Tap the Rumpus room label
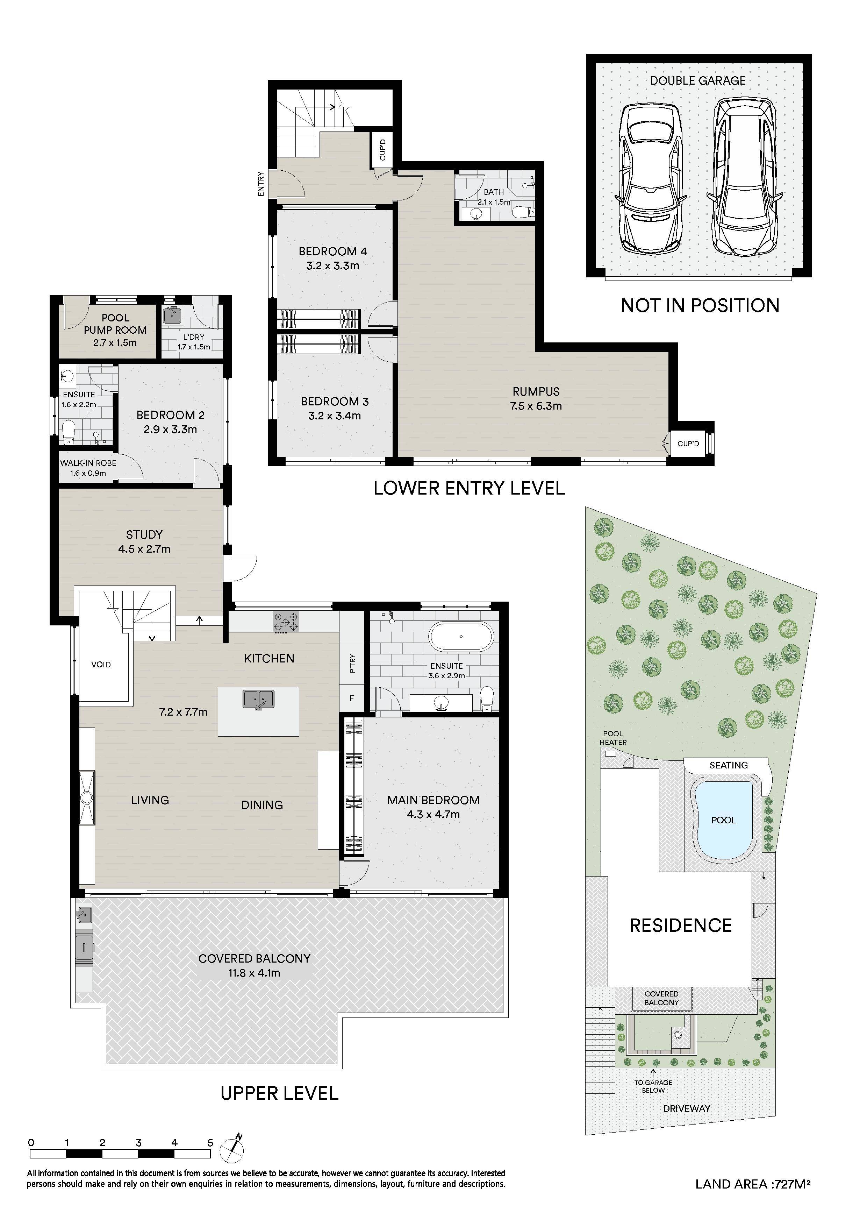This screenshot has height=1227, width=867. pos(536,392)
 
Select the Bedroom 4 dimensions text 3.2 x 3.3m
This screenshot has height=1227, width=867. pos(333,265)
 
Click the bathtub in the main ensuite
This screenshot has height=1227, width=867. pos(461,637)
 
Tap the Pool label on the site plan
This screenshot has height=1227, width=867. pos(723,820)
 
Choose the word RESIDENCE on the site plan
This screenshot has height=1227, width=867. pos(681,925)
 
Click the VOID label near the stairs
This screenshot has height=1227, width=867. pos(101,665)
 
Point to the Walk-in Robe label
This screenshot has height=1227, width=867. pos(88,463)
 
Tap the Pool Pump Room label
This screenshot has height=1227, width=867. pos(115,324)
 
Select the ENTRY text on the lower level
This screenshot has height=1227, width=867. pos(261,184)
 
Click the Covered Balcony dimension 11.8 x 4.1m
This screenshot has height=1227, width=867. pos(254,973)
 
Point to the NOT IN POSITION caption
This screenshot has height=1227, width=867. pos(700,306)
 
